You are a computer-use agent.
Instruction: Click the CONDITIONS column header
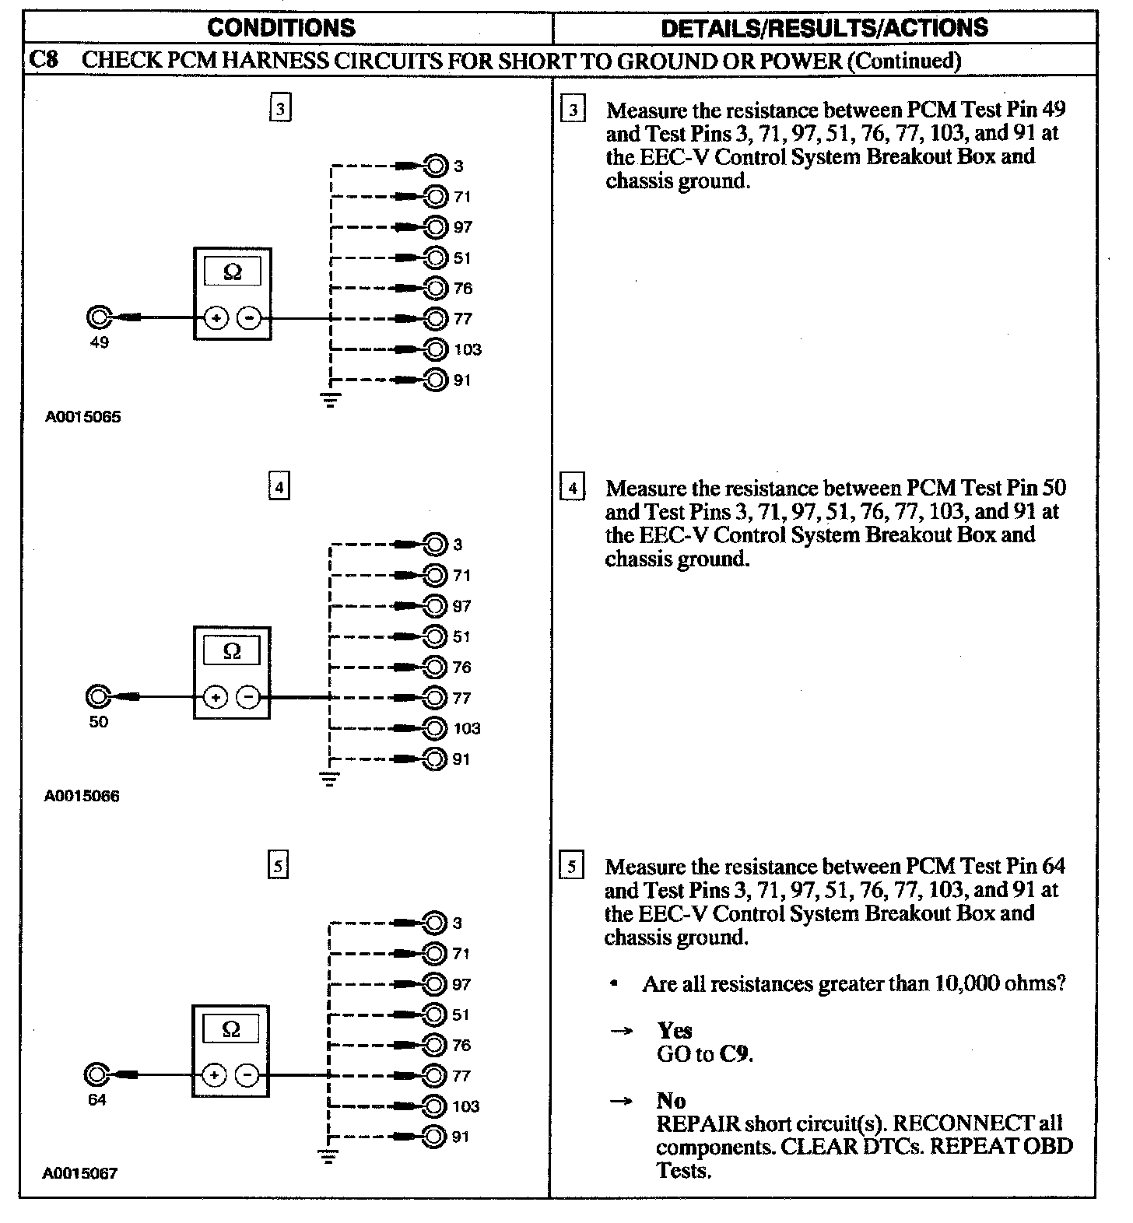pos(281,28)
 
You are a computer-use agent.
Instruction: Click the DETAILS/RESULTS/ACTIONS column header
pos(823,28)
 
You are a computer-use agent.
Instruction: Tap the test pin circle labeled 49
pos(99,318)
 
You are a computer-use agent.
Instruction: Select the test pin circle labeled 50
pos(99,697)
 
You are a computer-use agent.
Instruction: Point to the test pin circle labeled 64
pos(96,1075)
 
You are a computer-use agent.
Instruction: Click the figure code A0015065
pos(82,417)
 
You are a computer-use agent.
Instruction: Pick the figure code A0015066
pos(82,796)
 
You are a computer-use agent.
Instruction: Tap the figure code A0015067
pos(80,1173)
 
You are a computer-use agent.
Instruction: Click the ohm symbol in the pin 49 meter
pos(232,272)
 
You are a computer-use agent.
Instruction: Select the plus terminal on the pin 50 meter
pos(216,697)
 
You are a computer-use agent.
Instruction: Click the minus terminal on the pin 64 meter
pos(247,1075)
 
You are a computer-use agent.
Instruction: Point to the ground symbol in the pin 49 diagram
pos(331,401)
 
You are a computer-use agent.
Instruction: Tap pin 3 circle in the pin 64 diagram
pos(434,923)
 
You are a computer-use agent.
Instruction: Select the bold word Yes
pos(674,1030)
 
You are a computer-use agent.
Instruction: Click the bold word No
pos(671,1100)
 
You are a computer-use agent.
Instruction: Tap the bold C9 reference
pos(735,1054)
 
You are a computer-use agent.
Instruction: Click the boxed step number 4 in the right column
pos(573,489)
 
